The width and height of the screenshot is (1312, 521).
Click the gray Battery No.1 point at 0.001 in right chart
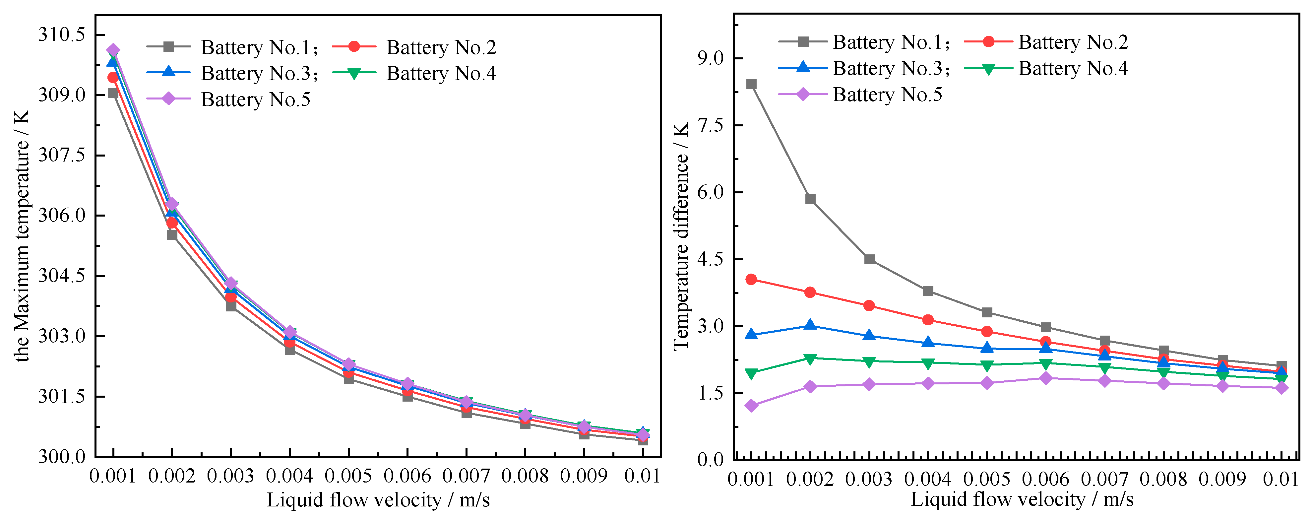[751, 84]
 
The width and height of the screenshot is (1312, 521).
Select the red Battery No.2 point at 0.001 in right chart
[751, 279]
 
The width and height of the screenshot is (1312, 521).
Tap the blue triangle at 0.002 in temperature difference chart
[810, 325]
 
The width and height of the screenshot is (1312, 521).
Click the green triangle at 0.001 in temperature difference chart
[751, 374]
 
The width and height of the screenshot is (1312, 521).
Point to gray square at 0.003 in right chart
[869, 259]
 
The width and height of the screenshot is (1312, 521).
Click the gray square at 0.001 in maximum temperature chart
[113, 93]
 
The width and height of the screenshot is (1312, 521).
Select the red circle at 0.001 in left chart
[113, 77]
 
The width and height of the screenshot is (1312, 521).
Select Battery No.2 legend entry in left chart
[441, 47]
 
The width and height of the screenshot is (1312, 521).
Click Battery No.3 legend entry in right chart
[888, 68]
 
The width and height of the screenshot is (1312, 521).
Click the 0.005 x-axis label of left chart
[348, 476]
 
